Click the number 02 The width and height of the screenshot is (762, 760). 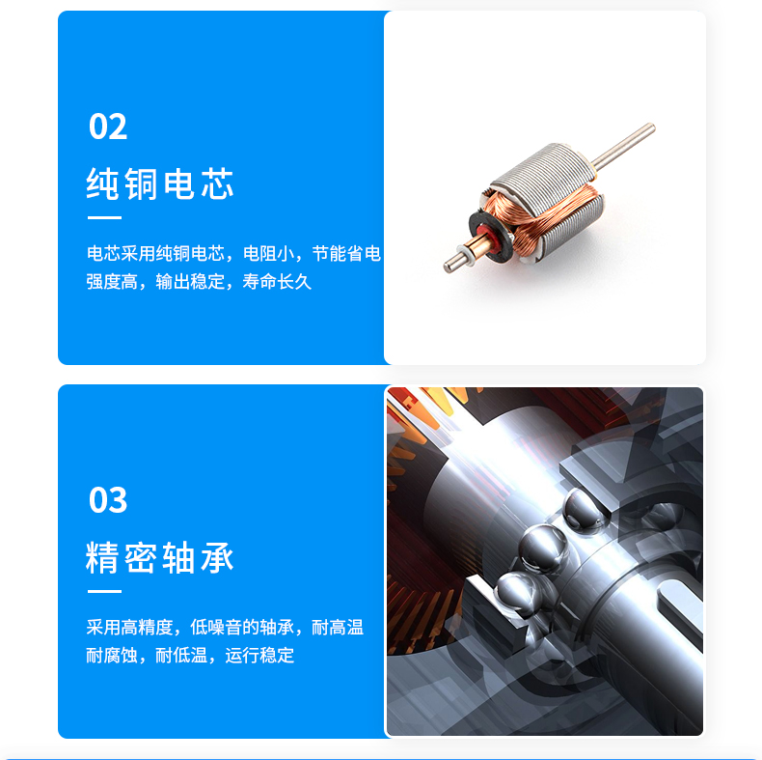pos(108,127)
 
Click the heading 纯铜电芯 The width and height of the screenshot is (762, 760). pos(160,183)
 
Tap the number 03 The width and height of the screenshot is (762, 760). pos(108,500)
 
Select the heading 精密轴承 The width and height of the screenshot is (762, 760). pos(160,558)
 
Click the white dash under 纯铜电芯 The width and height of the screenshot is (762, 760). pos(104,218)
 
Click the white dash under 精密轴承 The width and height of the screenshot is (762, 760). pos(104,591)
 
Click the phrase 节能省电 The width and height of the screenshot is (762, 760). pos(346,254)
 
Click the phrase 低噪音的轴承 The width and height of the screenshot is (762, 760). pos(242,628)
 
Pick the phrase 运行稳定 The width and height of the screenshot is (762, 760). pos(259,656)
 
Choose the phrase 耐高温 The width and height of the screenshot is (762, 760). pos(338,628)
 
